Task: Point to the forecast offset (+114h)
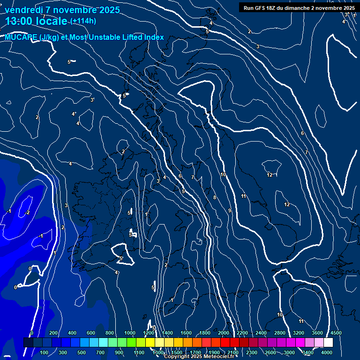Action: tap(83, 21)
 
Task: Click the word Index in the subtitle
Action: tap(153, 37)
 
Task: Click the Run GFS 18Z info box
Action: tap(299, 7)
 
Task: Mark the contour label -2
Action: tap(27, 212)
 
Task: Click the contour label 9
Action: tap(230, 210)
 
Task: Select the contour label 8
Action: tap(215, 197)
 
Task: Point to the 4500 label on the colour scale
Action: tap(336, 333)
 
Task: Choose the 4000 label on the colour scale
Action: tap(327, 352)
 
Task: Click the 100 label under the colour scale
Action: tap(44, 352)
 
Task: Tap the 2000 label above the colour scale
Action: tap(223, 333)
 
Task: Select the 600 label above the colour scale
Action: tap(91, 333)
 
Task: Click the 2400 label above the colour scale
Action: tap(261, 333)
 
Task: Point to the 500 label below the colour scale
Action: tap(82, 352)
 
